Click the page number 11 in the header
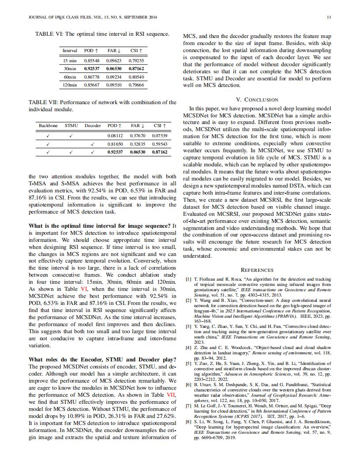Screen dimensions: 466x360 [329, 18]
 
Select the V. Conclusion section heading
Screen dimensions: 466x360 [257, 100]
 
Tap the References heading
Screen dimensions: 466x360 [257, 270]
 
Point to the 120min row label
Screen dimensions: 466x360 [70, 85]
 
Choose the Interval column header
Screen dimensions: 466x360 [70, 51]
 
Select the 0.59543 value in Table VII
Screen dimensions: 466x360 [159, 144]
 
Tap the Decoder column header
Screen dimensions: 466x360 [93, 126]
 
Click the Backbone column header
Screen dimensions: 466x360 [48, 126]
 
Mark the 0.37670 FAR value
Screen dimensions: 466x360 [138, 135]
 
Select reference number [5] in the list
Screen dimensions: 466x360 [188, 363]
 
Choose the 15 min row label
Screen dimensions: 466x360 [70, 60]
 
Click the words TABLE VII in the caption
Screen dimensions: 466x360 [42, 102]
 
